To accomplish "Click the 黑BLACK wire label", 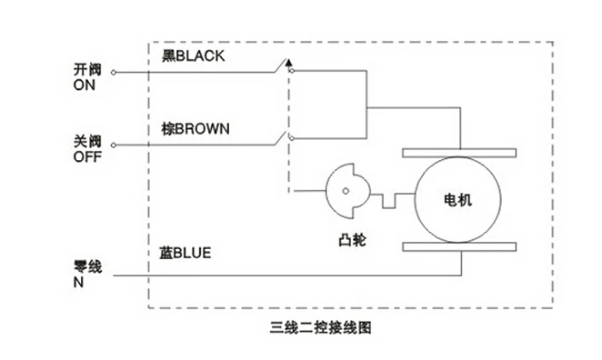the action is click(x=193, y=56).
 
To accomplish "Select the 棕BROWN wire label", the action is click(x=196, y=128).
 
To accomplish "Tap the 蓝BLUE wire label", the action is click(x=185, y=253).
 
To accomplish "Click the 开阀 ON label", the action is click(x=87, y=77).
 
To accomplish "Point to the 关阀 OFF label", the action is click(x=87, y=149).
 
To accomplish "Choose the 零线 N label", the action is click(x=87, y=274).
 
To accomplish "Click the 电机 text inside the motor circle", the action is click(x=457, y=200).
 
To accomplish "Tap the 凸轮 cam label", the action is click(x=352, y=240).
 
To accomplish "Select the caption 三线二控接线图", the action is click(x=321, y=327).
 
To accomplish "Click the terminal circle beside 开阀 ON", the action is click(x=114, y=72).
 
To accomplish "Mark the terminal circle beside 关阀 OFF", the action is click(x=114, y=145).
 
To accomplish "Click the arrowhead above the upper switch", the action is click(x=289, y=63).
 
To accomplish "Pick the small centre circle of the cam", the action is click(x=346, y=191).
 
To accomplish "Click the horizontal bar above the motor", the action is click(x=459, y=153).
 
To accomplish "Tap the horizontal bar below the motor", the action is click(x=459, y=246).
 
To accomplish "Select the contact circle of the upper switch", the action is click(x=292, y=71).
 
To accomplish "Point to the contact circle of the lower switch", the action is click(x=292, y=138).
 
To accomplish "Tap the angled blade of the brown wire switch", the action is click(x=280, y=138).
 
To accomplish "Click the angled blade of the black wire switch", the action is click(x=280, y=65).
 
